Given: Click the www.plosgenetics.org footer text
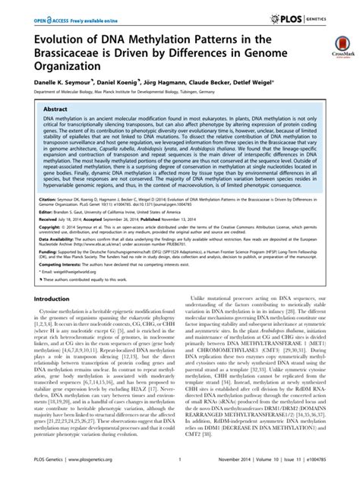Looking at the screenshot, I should [x=89, y=469].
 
